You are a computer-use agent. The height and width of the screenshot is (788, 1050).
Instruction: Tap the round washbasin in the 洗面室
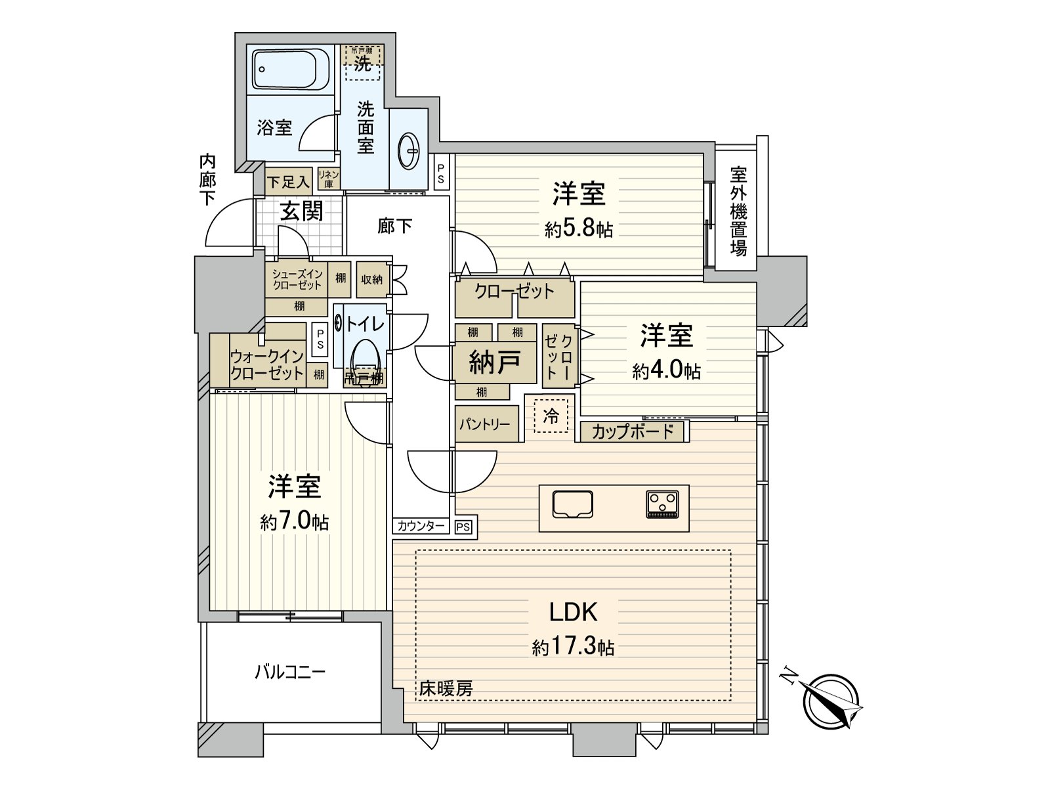409,150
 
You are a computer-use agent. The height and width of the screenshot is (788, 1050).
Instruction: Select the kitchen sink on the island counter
572,505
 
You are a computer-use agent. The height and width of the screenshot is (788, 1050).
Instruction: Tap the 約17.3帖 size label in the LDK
573,647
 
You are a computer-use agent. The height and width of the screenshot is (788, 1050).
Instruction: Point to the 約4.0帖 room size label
666,372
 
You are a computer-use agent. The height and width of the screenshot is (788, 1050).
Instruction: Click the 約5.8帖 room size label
578,230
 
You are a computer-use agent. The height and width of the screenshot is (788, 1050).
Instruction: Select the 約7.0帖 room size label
294,523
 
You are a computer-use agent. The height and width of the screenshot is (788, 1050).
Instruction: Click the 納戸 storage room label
495,362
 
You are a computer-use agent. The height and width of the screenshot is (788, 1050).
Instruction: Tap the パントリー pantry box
486,424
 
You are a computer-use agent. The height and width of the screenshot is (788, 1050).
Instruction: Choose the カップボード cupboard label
633,431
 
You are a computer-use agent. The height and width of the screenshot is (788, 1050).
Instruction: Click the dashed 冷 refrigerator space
551,416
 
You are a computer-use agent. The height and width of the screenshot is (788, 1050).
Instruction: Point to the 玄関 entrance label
301,210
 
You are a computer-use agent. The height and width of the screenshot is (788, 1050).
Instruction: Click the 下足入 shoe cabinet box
288,181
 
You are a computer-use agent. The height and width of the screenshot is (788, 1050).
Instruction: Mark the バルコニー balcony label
290,672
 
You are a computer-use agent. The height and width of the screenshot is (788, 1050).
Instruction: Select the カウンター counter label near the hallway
421,526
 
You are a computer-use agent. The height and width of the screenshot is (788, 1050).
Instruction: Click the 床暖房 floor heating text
446,689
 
